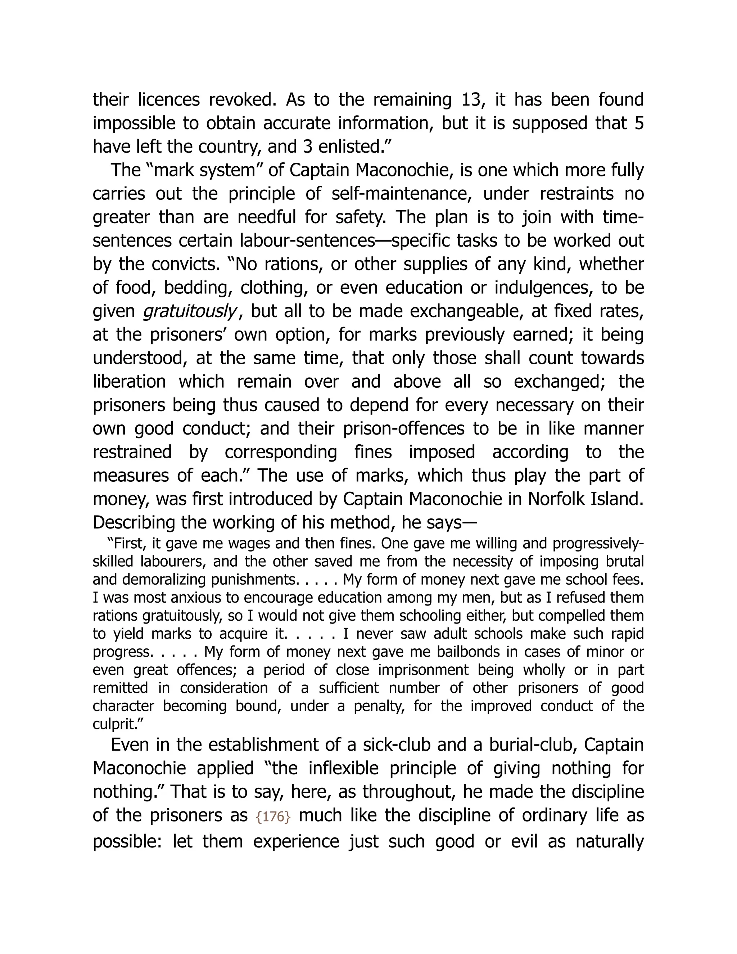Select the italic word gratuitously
click(190, 311)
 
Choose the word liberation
click(129, 382)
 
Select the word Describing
click(139, 522)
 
